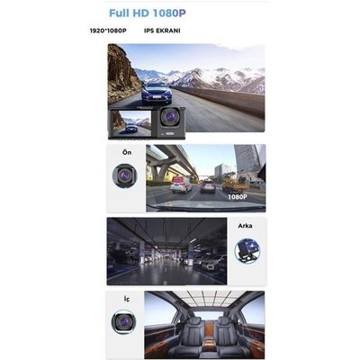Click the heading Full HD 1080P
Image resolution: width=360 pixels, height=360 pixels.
pos(148,13)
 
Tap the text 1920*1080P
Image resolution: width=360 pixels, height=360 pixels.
pos(108,31)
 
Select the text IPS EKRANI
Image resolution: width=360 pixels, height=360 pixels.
pos(162,31)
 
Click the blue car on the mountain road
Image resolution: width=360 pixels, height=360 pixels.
pos(157,93)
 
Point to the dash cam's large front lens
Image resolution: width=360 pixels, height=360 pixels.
pos(169,116)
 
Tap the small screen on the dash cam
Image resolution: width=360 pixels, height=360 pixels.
pos(130,122)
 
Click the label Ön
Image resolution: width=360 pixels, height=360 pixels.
pos(127,152)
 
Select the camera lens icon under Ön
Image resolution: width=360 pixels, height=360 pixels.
pos(124,175)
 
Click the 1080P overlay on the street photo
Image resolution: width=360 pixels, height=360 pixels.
pos(238,197)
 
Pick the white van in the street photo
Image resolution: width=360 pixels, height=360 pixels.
pos(181,184)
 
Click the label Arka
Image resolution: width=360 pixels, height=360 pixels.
pos(245,226)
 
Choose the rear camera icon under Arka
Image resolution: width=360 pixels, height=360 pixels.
pos(247,251)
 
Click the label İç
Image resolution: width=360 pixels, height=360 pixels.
pos(127,299)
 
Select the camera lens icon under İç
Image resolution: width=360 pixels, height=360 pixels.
pos(124,321)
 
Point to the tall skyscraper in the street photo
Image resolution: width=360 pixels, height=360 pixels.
pos(247,159)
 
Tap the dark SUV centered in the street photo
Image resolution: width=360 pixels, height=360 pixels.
pos(208,186)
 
